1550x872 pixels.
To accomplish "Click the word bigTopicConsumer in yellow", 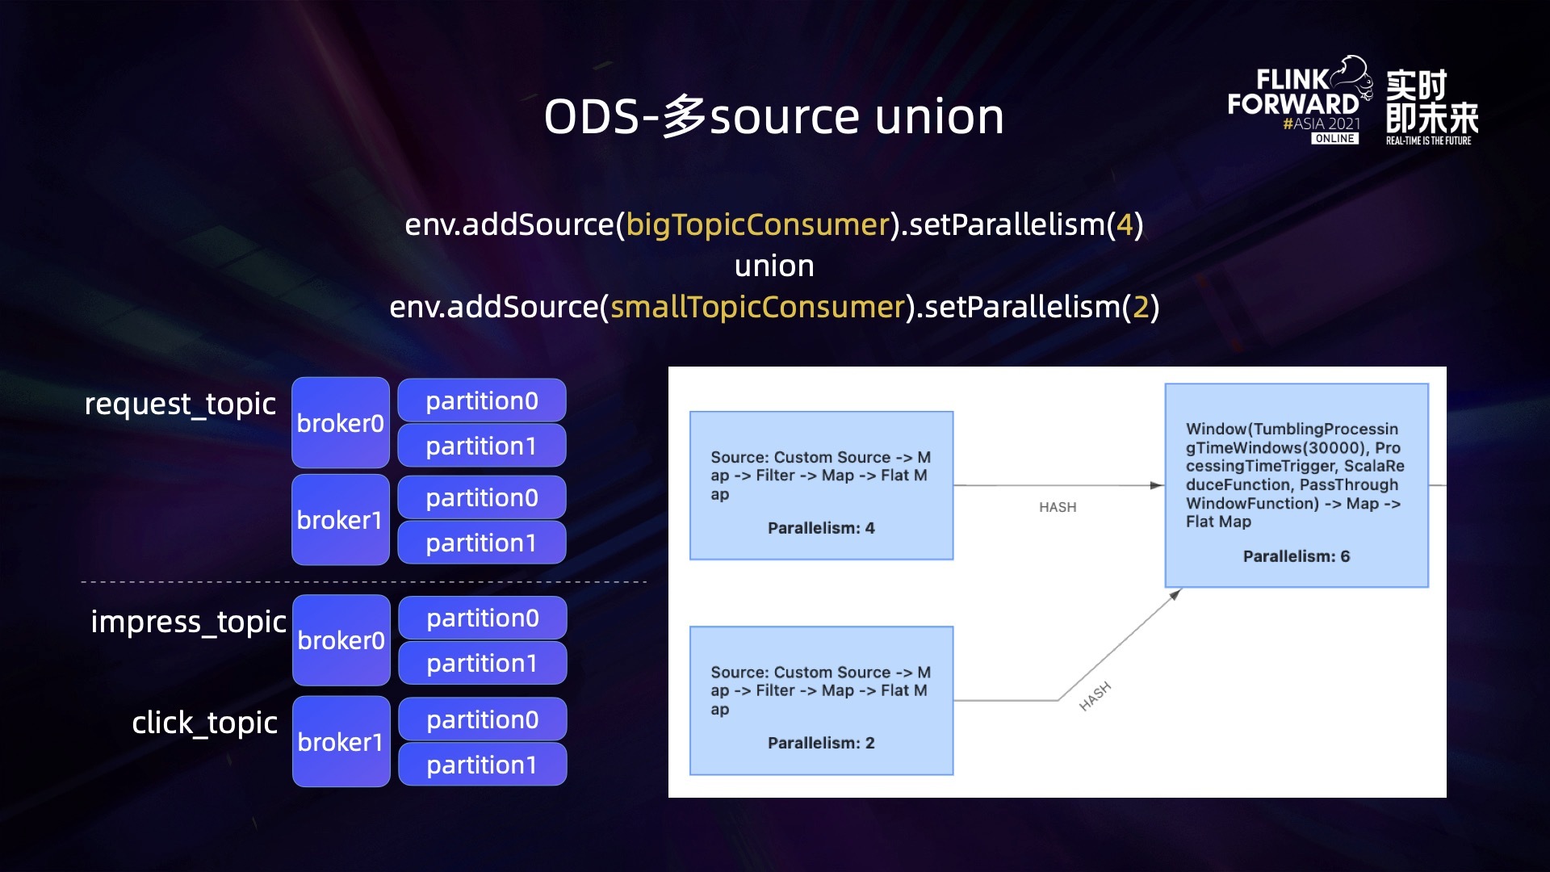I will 757,224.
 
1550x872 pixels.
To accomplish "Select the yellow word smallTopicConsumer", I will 757,307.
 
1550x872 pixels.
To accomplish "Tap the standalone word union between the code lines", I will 774,266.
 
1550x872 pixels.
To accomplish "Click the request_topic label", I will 180,404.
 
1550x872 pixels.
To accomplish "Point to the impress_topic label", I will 188,622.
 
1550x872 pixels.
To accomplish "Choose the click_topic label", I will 204,723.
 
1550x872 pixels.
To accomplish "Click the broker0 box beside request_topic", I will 340,423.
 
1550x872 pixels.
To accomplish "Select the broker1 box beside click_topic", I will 341,741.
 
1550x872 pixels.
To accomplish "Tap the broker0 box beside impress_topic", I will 341,640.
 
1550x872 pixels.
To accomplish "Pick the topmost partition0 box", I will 482,400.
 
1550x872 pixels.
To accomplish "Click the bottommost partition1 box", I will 482,765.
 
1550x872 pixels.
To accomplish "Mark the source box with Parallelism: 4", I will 821,485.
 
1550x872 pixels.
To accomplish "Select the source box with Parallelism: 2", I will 821,701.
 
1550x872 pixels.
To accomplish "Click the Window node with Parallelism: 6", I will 1296,485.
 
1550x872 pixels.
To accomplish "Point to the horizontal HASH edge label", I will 1058,507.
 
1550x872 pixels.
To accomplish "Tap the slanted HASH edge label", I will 1095,696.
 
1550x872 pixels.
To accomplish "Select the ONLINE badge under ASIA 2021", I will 1334,139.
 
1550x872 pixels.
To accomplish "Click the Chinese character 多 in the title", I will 685,117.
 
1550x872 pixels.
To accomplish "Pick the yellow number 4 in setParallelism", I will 1125,224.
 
